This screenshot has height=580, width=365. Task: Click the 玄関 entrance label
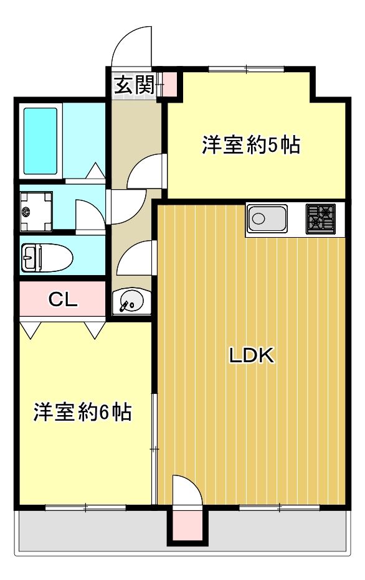[x=133, y=85]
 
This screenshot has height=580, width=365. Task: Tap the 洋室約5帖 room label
[x=251, y=144]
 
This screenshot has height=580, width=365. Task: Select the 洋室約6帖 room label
[x=82, y=412]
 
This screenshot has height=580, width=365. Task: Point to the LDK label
[x=252, y=355]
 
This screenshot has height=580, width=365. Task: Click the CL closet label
[x=63, y=299]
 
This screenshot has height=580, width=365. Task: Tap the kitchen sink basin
[x=267, y=219]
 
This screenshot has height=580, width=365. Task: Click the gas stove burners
[x=321, y=218]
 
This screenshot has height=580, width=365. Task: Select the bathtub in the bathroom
[x=40, y=141]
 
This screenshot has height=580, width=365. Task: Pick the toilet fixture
[x=47, y=258]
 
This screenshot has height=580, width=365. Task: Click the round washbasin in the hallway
[x=131, y=300]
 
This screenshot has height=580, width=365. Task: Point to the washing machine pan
[x=36, y=211]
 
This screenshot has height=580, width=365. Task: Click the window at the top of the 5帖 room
[x=246, y=68]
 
